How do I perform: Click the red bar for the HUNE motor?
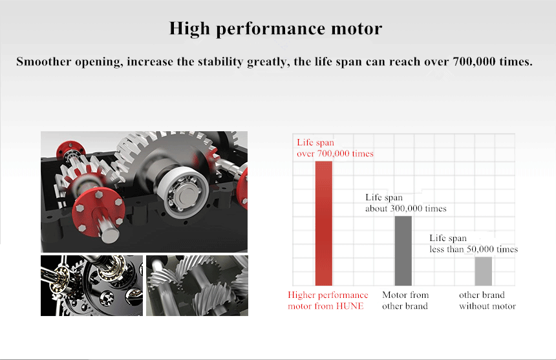coord(324,223)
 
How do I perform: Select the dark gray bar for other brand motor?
coord(403,251)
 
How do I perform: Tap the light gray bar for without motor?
coord(484,271)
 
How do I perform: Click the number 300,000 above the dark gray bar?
coord(407,208)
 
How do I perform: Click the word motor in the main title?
coord(357,28)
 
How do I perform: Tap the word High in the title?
coord(189,29)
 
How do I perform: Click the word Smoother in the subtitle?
coord(43,61)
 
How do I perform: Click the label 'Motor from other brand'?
coord(405,301)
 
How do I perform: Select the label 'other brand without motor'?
coord(487,301)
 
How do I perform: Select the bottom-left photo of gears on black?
coord(92,286)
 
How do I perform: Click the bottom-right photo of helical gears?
coord(197,286)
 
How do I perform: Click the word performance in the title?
coord(270,29)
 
